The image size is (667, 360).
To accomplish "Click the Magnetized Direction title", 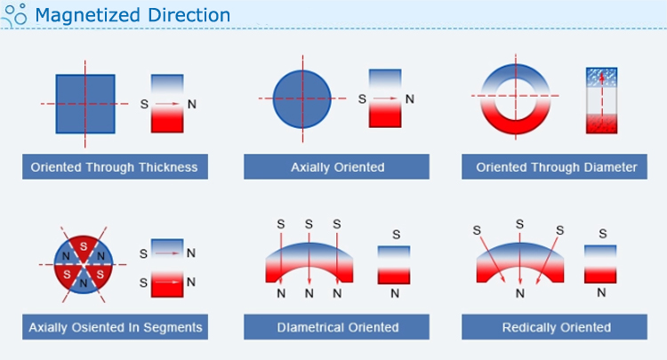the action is click(133, 15).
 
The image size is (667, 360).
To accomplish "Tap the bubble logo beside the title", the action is click(14, 15).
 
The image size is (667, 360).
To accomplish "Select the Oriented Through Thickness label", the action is click(115, 166).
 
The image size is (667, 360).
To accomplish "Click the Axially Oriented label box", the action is click(336, 166).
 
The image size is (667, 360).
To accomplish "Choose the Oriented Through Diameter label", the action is click(554, 166).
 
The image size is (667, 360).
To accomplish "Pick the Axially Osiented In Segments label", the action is click(115, 327).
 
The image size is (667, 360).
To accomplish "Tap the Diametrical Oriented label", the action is click(336, 327).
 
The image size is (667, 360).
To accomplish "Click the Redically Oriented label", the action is click(554, 327).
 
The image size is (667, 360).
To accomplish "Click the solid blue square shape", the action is click(85, 104).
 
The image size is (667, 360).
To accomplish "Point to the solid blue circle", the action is click(302, 99).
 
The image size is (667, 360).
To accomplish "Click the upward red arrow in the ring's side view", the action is click(601, 100).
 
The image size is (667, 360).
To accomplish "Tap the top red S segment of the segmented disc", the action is click(84, 246).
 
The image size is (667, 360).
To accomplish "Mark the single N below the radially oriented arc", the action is click(520, 293).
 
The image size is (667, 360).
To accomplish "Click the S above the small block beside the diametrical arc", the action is click(396, 234).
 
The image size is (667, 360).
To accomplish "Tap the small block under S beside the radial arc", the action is click(600, 264).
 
